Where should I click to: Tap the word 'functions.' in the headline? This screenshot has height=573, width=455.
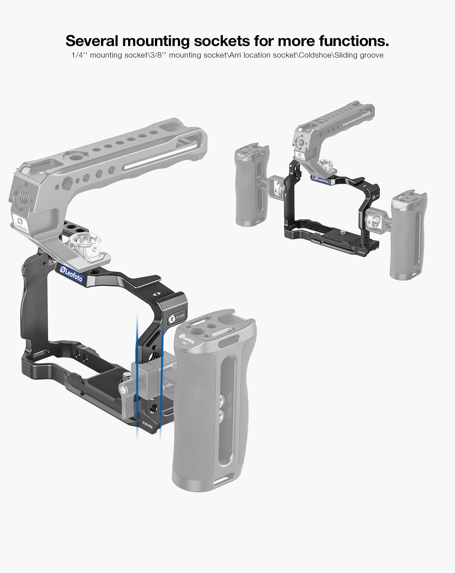click(354, 41)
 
